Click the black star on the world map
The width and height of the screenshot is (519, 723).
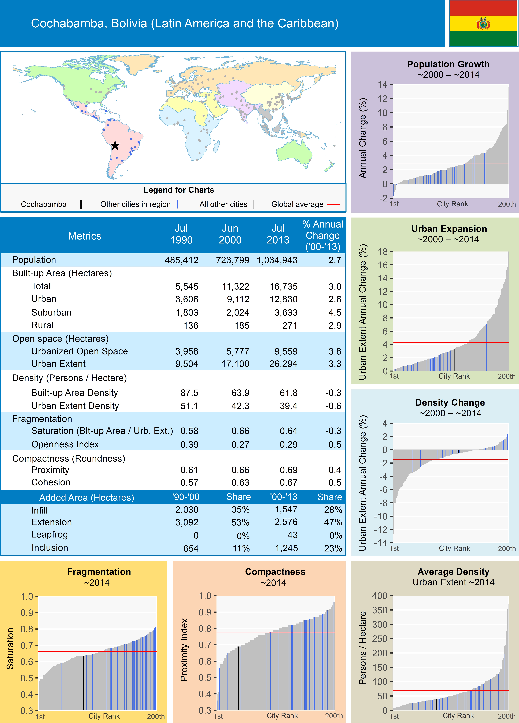coord(115,146)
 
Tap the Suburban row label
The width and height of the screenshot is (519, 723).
coord(51,312)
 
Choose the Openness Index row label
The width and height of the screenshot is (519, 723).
coord(65,444)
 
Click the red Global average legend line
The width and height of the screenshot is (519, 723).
coord(333,204)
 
